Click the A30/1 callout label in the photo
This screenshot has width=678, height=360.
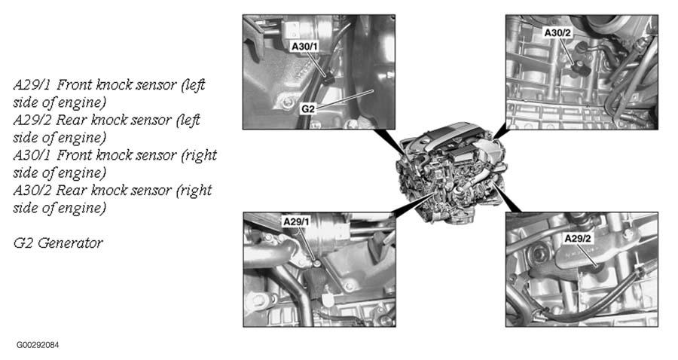pos(305,46)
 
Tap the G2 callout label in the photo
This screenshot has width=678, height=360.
pos(308,109)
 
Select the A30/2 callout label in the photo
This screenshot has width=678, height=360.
pos(557,33)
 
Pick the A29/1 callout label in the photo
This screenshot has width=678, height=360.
pos(296,221)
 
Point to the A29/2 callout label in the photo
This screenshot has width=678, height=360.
pos(578,238)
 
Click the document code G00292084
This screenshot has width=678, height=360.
pos(38,345)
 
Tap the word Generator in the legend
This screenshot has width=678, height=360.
pos(70,243)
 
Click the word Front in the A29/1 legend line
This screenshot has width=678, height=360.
pos(75,84)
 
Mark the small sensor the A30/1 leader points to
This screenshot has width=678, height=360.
pos(329,78)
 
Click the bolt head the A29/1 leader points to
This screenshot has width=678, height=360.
pos(317,263)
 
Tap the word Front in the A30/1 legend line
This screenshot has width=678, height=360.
pos(75,155)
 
